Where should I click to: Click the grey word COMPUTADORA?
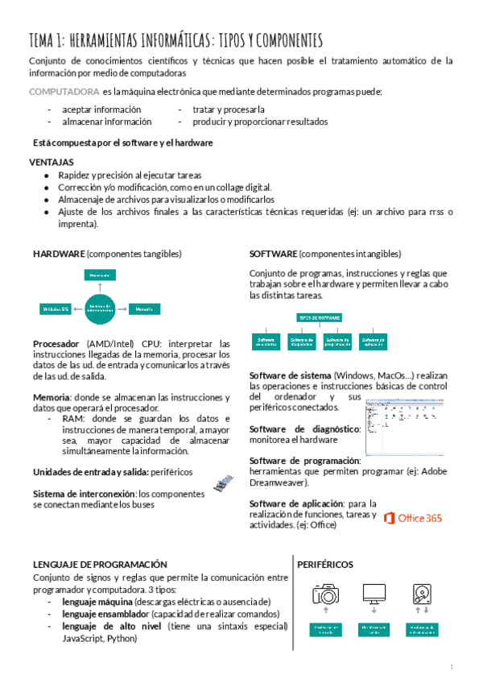64,91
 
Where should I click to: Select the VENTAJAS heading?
52,162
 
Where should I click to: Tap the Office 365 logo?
412,518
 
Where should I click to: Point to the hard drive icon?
423,594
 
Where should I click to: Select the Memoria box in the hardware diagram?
145,308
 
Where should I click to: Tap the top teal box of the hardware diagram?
100,275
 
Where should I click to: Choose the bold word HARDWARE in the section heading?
59,254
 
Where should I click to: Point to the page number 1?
452,667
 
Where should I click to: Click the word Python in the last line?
119,638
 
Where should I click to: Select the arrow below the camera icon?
326,612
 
